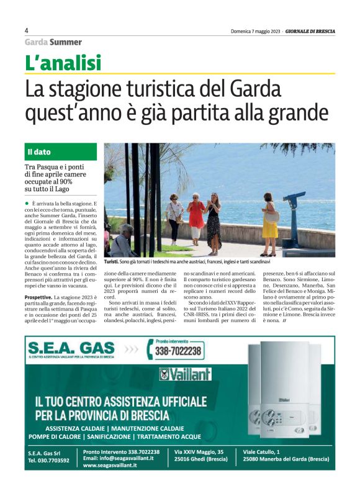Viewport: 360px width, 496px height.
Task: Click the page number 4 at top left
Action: click(27, 30)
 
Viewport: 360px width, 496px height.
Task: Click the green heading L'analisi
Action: click(63, 63)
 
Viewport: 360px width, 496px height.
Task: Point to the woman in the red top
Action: click(196, 217)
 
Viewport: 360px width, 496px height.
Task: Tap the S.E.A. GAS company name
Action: click(70, 348)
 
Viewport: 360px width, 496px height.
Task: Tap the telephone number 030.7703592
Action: click(49, 460)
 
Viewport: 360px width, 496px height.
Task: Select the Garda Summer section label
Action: click(53, 42)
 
